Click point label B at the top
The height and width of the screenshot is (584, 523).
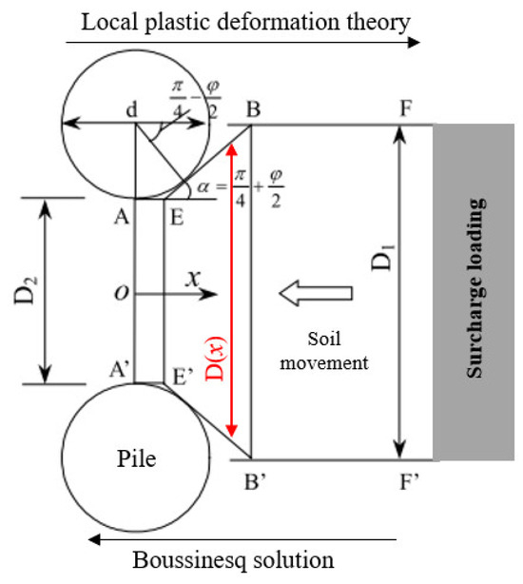click(x=254, y=108)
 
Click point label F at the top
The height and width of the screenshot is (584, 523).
click(x=407, y=108)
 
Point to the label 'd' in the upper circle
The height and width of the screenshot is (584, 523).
click(x=125, y=110)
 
